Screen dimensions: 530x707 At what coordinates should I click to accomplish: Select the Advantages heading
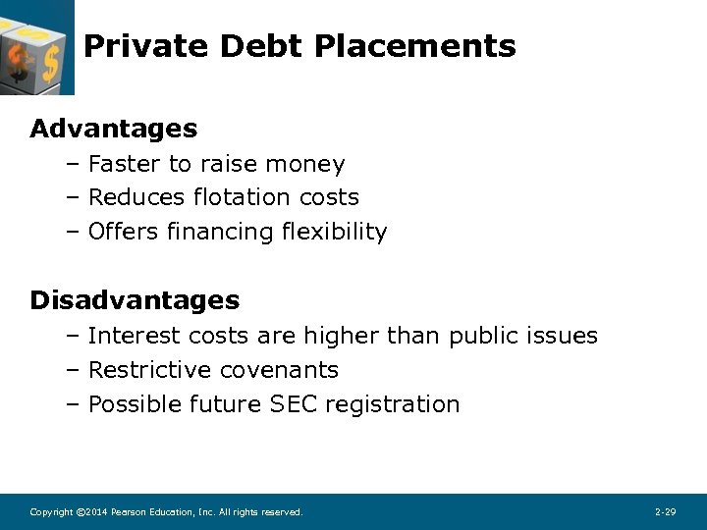click(x=114, y=129)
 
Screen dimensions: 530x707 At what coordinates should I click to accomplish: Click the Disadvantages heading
click(x=135, y=299)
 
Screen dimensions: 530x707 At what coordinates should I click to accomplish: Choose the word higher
click(x=342, y=336)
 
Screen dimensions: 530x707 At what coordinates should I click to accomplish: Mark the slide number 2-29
click(x=665, y=512)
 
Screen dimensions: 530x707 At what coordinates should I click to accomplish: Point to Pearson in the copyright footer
click(x=129, y=512)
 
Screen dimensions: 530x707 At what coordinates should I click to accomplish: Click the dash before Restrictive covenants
click(x=73, y=370)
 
